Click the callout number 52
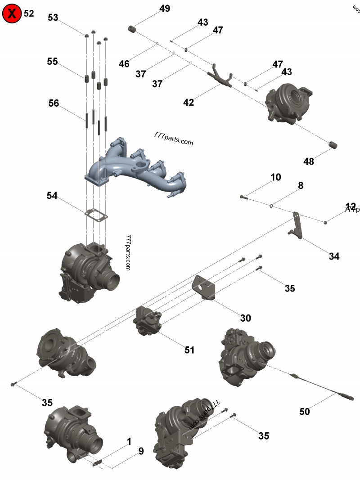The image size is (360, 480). [29, 13]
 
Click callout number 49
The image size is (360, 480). [165, 9]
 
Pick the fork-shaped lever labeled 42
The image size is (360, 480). [220, 76]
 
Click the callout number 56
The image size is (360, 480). [54, 103]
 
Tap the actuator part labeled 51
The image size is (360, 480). [148, 320]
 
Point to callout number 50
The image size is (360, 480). [305, 411]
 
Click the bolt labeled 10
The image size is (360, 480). [243, 197]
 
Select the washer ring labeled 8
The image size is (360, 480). [272, 206]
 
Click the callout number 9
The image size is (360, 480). [141, 451]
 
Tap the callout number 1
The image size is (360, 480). [129, 442]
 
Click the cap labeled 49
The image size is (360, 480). [132, 29]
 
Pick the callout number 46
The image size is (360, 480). [124, 64]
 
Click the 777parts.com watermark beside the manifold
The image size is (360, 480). [173, 139]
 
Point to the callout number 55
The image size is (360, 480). [53, 62]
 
